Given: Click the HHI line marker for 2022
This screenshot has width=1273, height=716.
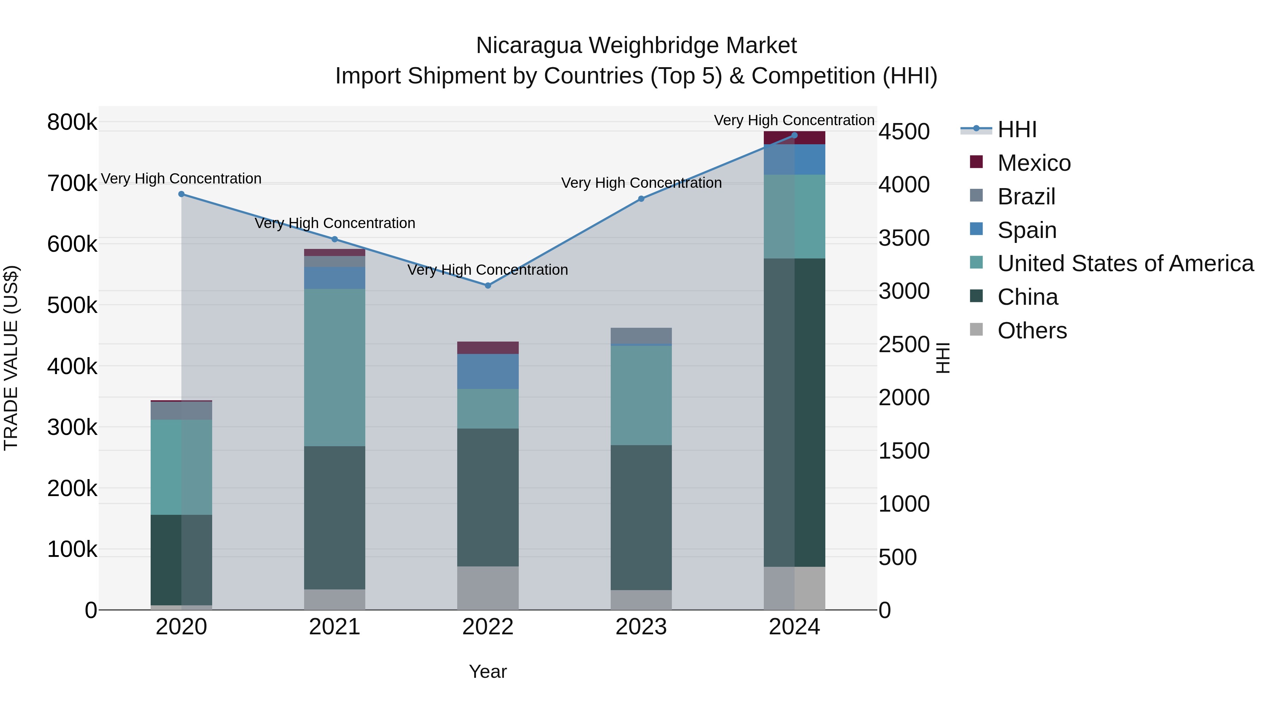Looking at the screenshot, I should (x=488, y=286).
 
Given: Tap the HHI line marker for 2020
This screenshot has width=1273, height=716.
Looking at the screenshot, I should (x=181, y=194).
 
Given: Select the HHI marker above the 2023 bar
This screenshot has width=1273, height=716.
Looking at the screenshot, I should (x=641, y=199).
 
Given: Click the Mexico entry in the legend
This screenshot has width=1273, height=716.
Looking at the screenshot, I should (x=1034, y=163).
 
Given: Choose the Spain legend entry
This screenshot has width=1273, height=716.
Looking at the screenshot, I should (x=1027, y=230).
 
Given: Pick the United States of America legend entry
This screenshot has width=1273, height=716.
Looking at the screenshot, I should (x=1125, y=263).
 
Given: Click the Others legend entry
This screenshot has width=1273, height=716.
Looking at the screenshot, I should (x=1032, y=331).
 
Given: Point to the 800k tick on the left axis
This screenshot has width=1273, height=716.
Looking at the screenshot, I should (x=72, y=122).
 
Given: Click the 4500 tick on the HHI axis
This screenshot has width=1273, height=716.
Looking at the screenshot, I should (x=904, y=132).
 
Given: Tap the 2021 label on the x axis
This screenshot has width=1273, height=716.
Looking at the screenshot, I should (x=335, y=627).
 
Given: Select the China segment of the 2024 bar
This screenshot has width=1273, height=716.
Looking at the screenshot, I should (x=794, y=412).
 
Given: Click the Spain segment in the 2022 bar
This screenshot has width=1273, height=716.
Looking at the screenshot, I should (x=488, y=371).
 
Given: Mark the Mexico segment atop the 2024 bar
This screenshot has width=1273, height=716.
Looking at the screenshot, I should (x=794, y=138).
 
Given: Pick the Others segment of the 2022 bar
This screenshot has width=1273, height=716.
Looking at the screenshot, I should (x=488, y=588).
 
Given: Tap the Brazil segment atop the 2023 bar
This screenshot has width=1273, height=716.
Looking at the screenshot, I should (x=641, y=335).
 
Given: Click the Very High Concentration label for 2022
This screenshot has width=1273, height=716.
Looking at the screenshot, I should (x=487, y=270).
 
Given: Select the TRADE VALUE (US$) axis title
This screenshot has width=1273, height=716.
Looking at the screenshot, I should (x=11, y=358).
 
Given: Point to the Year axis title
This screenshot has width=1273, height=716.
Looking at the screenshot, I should (x=488, y=671).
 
